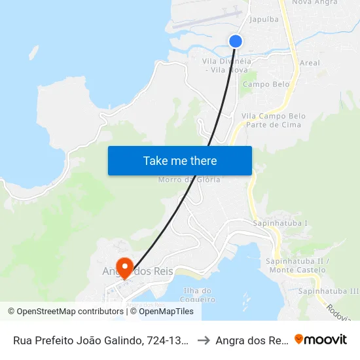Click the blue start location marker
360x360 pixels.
pyautogui.click(x=236, y=41)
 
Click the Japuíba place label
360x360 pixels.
pyautogui.click(x=264, y=19)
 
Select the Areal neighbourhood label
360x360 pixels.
pyautogui.click(x=308, y=63)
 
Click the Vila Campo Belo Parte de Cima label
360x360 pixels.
pyautogui.click(x=274, y=120)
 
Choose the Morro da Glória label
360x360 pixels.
pyautogui.click(x=190, y=179)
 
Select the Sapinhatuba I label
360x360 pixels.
pyautogui.click(x=279, y=223)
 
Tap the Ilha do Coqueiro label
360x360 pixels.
pyautogui.click(x=198, y=295)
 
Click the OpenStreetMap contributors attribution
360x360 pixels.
pyautogui.click(x=65, y=312)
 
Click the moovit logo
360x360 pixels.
pyautogui.click(x=321, y=339)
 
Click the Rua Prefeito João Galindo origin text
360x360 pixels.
pyautogui.click(x=101, y=340)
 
